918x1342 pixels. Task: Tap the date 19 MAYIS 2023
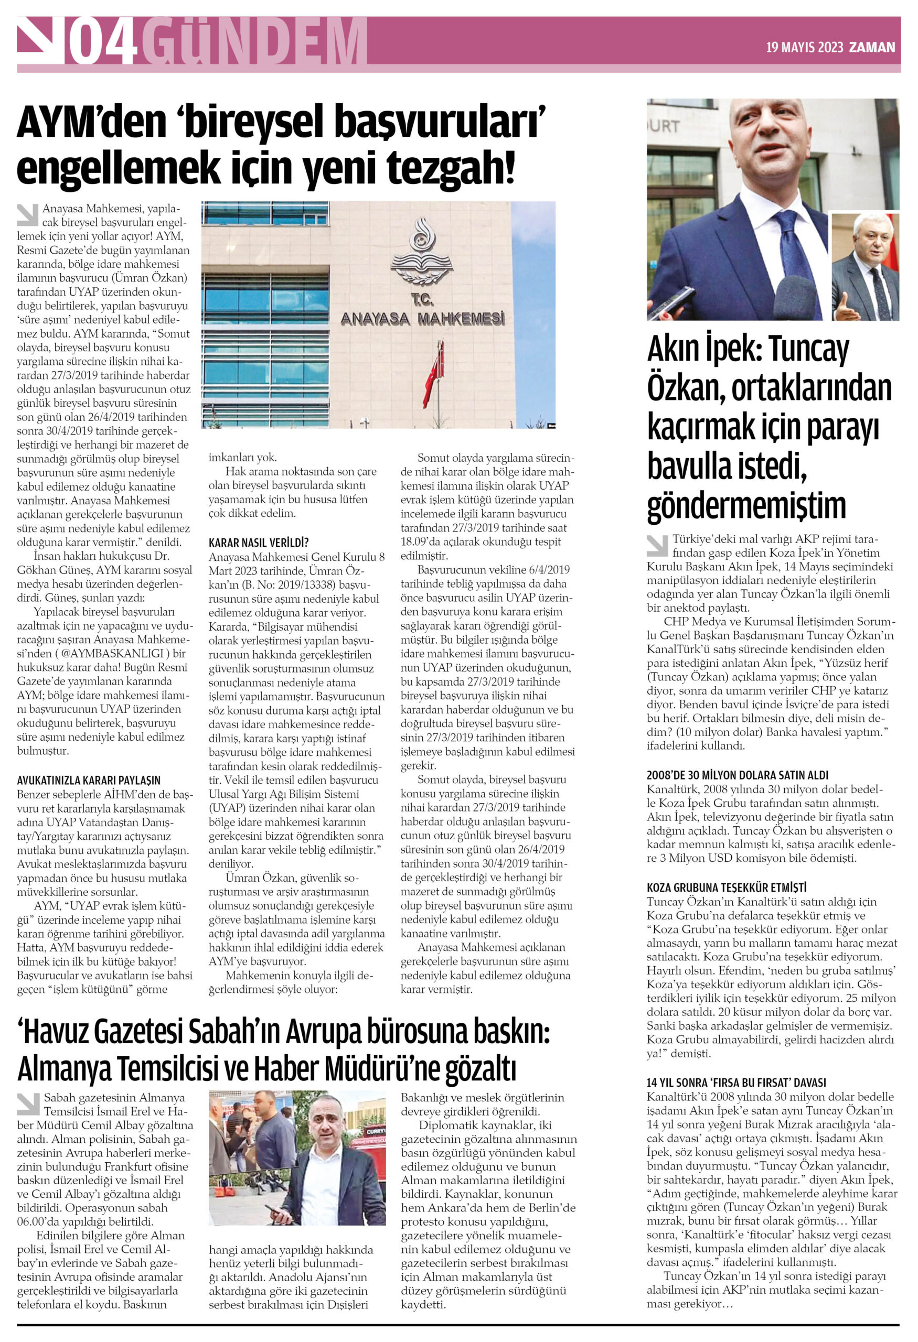(804, 47)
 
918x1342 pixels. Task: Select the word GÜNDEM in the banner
(254, 41)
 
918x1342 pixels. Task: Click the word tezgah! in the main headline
(450, 167)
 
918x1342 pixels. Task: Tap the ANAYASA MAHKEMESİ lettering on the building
(422, 318)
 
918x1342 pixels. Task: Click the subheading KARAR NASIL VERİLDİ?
(259, 542)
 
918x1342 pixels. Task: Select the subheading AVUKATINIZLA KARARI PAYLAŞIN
(89, 780)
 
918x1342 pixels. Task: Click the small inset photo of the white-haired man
(865, 267)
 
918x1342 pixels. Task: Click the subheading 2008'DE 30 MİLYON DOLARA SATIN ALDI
(737, 775)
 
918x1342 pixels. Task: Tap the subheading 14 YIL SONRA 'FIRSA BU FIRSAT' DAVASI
(736, 1083)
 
